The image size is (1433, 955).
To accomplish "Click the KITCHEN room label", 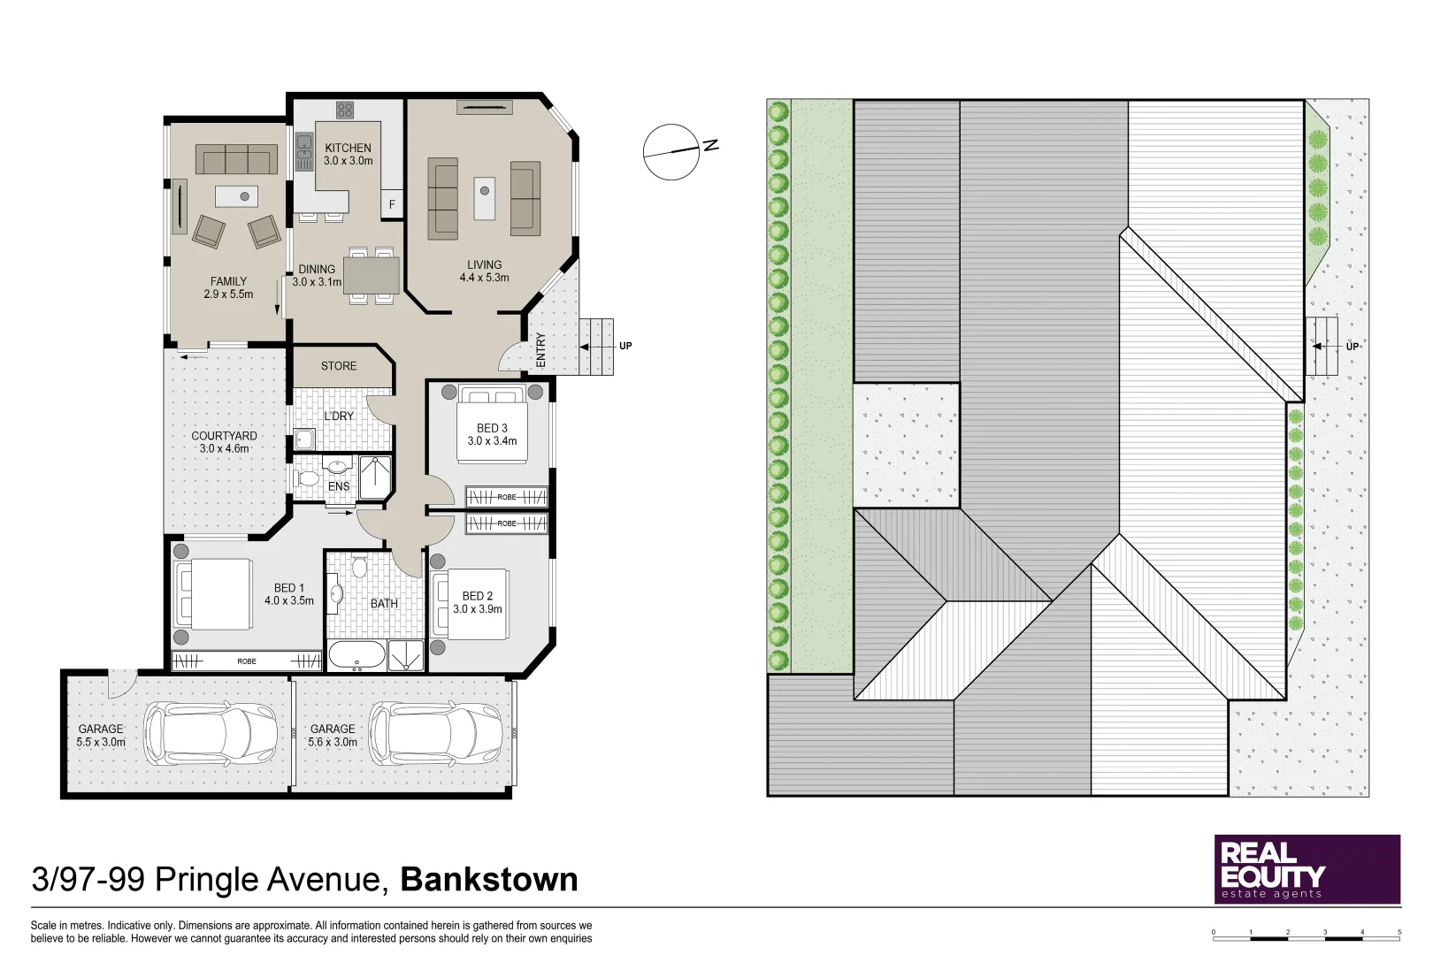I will tap(348, 149).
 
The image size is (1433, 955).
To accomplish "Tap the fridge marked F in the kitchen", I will tap(392, 205).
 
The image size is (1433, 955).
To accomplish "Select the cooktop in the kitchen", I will tap(345, 111).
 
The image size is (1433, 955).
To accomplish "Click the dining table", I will tap(372, 274).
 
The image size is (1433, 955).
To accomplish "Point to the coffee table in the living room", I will tap(484, 199).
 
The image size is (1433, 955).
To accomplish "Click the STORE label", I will tap(339, 365).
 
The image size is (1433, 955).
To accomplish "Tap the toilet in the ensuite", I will tap(309, 478).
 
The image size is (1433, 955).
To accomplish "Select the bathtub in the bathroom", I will tap(356, 656).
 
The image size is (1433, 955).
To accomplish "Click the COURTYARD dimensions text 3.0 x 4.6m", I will tap(225, 448).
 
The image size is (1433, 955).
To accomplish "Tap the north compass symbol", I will tap(672, 151).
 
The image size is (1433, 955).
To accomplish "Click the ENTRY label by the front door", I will tap(541, 349).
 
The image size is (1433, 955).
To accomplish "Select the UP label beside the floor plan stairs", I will tap(625, 346).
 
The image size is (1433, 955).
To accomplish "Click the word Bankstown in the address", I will tap(489, 880).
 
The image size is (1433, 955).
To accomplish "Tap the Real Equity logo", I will tap(1307, 868).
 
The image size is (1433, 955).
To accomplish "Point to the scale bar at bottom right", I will tap(1307, 933).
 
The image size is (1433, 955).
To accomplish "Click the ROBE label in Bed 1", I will tap(247, 661).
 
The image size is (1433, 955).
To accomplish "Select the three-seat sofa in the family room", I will tap(234, 159).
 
